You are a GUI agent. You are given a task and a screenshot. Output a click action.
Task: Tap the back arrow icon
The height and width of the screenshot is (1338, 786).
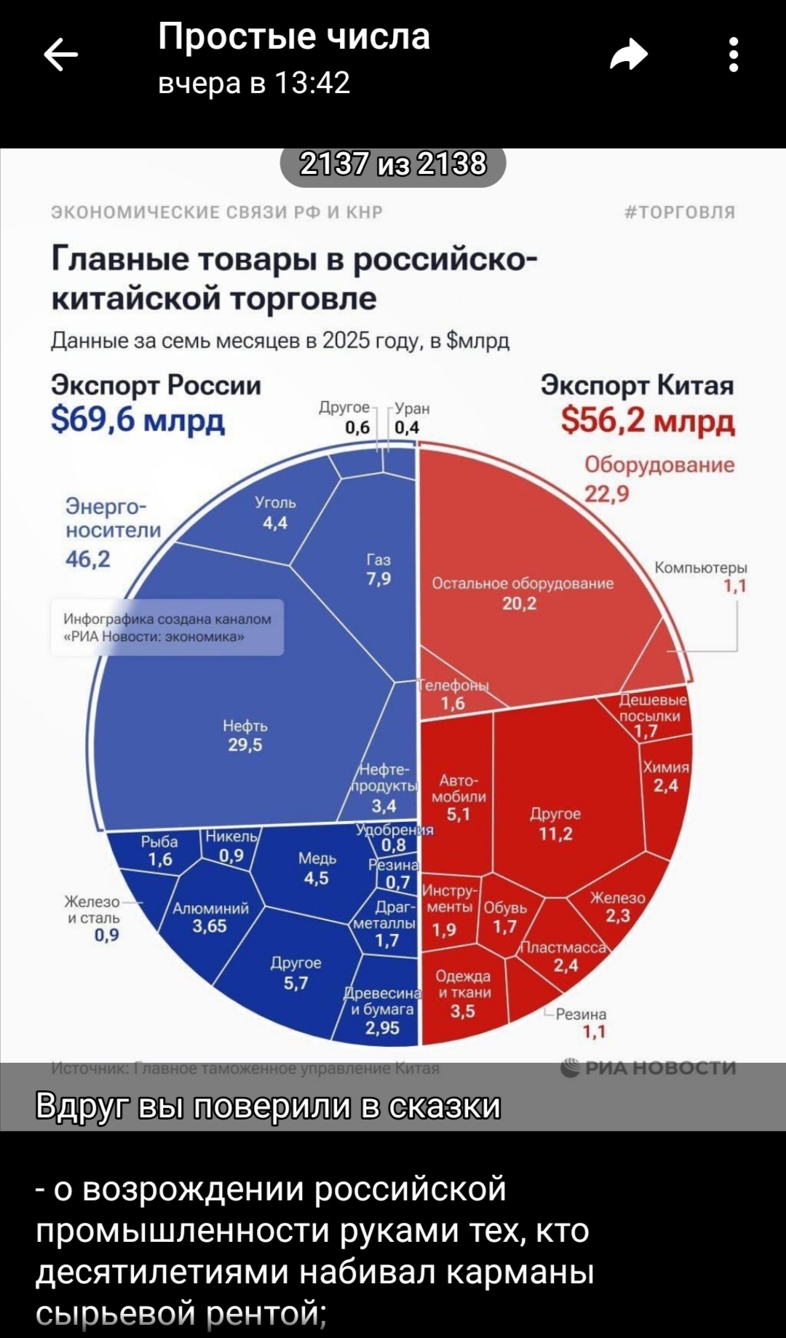(x=61, y=56)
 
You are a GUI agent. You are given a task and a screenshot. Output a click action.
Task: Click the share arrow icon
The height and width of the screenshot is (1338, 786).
(x=629, y=55)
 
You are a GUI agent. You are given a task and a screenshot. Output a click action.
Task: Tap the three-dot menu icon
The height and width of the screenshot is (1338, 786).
(x=734, y=55)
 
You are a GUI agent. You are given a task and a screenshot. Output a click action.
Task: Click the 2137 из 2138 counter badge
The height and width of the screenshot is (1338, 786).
(x=393, y=165)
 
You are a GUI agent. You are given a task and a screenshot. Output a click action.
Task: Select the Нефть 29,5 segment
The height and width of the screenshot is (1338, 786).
(x=245, y=735)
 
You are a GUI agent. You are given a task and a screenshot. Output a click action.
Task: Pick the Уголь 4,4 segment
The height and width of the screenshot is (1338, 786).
(x=275, y=512)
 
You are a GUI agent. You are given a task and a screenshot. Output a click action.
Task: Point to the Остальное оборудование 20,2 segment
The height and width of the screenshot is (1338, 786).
(x=522, y=593)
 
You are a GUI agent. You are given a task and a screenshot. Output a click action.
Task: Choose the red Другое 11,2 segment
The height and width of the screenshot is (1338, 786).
(x=556, y=823)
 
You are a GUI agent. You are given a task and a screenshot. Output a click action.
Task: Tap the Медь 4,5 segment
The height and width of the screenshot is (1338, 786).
(x=317, y=868)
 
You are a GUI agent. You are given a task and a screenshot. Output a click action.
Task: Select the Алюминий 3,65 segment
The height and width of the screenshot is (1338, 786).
(x=210, y=917)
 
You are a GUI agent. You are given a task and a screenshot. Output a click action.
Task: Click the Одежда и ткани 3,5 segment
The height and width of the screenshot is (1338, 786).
(x=463, y=993)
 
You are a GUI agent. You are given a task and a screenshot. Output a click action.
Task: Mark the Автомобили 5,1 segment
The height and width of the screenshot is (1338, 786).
(x=458, y=797)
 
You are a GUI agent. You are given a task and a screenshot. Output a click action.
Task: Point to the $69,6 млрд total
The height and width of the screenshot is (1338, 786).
(x=138, y=420)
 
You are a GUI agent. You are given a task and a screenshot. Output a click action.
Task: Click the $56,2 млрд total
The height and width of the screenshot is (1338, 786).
(x=648, y=420)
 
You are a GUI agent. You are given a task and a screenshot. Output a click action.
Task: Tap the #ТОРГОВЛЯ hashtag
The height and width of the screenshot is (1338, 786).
(x=680, y=212)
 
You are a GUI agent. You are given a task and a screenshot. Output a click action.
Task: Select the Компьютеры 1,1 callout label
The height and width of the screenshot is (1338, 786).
(x=701, y=577)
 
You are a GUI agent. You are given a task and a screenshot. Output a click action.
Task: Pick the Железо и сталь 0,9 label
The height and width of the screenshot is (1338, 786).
(x=95, y=919)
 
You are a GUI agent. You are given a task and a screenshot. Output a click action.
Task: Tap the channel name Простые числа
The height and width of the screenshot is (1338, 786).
(x=294, y=36)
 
